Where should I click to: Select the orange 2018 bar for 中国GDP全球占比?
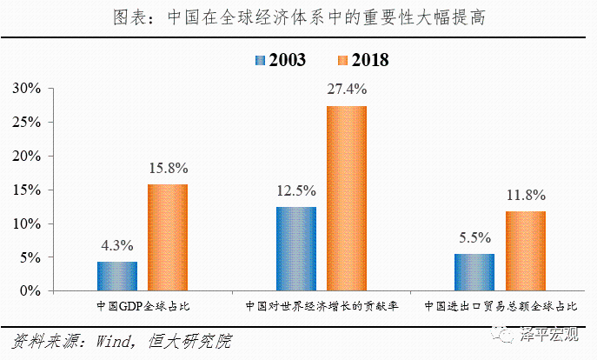click(168, 237)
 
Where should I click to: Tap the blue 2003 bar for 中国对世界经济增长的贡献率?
click(296, 249)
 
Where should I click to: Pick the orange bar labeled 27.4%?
click(347, 198)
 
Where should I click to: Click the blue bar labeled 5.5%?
click(474, 272)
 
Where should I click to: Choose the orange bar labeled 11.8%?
click(525, 251)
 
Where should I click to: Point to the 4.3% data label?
click(117, 246)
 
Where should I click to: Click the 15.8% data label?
click(168, 169)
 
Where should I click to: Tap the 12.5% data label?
click(296, 190)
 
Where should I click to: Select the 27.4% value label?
click(347, 90)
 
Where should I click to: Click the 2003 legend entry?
click(278, 60)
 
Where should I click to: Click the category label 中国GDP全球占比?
click(142, 307)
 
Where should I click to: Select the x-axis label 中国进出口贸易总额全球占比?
click(500, 307)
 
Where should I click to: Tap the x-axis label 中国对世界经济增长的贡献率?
click(321, 307)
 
